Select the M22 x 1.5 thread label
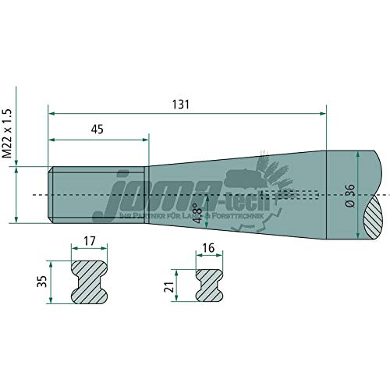9,133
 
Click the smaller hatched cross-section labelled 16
207,286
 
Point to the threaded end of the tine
97,193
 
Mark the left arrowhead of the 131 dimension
51,114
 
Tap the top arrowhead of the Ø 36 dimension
357,154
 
